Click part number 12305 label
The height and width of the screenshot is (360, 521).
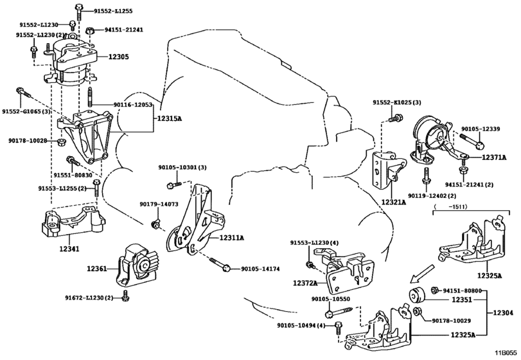(119, 57)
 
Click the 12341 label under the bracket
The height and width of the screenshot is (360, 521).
(69, 248)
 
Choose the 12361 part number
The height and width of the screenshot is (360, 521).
(97, 268)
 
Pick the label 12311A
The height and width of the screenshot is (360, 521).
(231, 238)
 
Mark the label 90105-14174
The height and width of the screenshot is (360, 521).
(260, 269)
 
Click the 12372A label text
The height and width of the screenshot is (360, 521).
(305, 283)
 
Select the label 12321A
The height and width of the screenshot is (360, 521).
(394, 202)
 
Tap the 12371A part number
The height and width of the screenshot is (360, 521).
(494, 157)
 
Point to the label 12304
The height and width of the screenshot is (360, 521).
(503, 312)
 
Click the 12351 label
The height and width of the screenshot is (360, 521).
(461, 300)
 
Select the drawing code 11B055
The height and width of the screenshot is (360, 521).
(507, 352)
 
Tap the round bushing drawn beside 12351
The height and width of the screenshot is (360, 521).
(418, 295)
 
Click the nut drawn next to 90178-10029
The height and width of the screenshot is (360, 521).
(418, 312)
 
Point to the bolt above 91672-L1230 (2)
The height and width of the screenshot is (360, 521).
(125, 296)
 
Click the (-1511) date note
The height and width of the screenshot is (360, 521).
(450, 206)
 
